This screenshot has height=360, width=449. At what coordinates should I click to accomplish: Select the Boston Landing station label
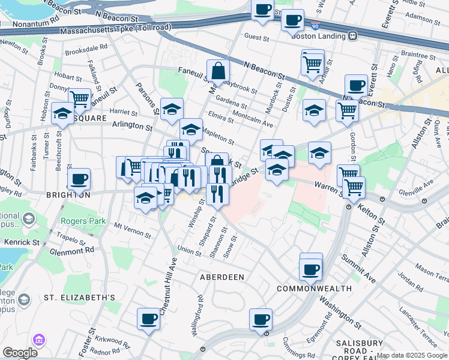pyautogui.click(x=319, y=34)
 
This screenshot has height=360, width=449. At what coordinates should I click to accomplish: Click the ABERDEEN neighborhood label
pyautogui.click(x=222, y=277)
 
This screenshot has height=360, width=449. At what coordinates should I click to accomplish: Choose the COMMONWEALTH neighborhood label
pyautogui.click(x=314, y=289)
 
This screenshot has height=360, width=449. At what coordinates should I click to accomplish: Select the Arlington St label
pyautogui.click(x=132, y=125)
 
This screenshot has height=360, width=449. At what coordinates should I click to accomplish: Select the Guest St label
pyautogui.click(x=258, y=37)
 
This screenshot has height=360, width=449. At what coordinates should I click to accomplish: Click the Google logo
pyautogui.click(x=20, y=353)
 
